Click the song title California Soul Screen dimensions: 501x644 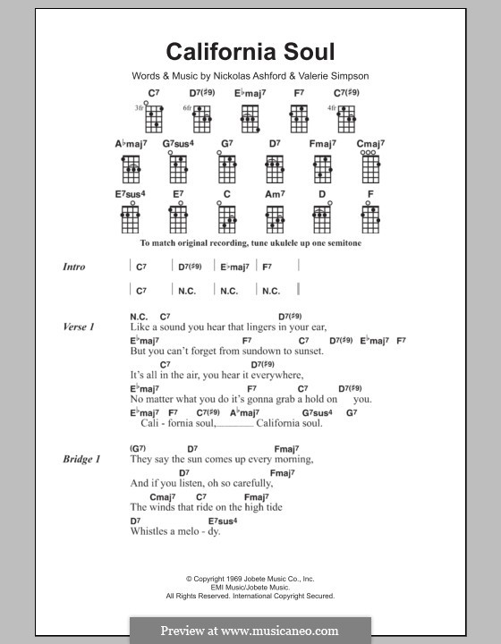(250, 53)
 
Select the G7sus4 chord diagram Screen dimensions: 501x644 (179, 165)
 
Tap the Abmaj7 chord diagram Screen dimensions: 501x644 (131, 165)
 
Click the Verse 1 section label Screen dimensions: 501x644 (79, 327)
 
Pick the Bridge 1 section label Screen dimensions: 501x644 (81, 459)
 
